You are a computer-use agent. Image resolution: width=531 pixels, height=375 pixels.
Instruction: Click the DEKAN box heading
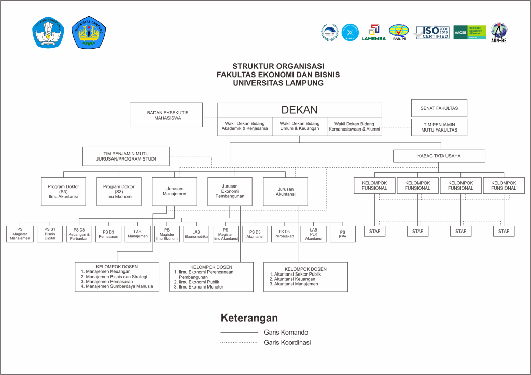click(x=299, y=110)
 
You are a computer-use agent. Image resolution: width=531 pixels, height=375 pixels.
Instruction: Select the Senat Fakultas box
click(x=439, y=108)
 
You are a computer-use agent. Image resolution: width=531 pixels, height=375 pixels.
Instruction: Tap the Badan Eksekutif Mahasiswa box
click(x=166, y=114)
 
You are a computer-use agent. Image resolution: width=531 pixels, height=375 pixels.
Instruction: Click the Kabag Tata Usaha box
click(x=439, y=156)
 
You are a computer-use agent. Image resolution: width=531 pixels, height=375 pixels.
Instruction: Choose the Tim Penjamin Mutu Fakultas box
click(x=439, y=127)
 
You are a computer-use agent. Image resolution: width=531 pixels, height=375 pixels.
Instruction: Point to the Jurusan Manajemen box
click(x=174, y=191)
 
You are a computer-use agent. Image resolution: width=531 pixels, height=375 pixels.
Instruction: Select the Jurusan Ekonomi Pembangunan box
click(x=230, y=191)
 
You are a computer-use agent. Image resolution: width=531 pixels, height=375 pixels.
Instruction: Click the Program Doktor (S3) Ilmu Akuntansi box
click(x=63, y=191)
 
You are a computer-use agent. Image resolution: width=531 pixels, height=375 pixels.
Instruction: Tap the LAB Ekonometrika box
click(x=196, y=234)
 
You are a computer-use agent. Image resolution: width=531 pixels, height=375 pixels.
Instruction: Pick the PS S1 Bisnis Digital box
click(x=50, y=234)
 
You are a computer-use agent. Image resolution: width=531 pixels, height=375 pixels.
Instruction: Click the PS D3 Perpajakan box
click(x=284, y=234)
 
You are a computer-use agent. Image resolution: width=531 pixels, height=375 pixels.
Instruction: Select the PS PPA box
click(x=342, y=234)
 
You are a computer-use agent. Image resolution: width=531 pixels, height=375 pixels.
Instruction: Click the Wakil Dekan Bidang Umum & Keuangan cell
click(x=299, y=126)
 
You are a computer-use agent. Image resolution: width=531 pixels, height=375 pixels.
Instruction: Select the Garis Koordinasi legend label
click(x=287, y=342)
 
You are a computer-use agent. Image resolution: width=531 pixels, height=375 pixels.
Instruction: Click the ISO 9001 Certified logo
click(x=432, y=33)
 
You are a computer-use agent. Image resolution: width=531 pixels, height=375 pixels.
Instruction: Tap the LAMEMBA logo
click(x=373, y=33)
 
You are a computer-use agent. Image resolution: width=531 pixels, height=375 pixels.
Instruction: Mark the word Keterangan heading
click(x=249, y=318)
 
